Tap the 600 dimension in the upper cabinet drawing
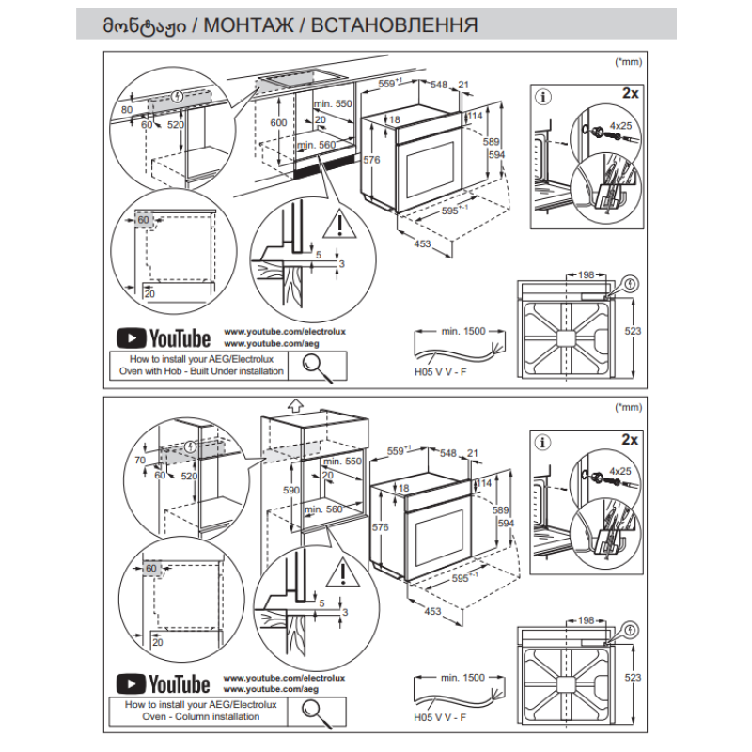pyautogui.click(x=278, y=123)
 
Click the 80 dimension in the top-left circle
pyautogui.click(x=128, y=110)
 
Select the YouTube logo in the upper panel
pyautogui.click(x=163, y=337)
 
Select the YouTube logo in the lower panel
pyautogui.click(x=163, y=682)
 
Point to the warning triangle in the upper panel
pyautogui.click(x=335, y=225)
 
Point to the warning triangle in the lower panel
pyautogui.click(x=336, y=570)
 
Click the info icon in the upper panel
pyautogui.click(x=542, y=96)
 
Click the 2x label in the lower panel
pyautogui.click(x=630, y=440)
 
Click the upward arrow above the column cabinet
pyautogui.click(x=293, y=406)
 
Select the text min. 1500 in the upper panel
pyautogui.click(x=462, y=331)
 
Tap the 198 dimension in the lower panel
pyautogui.click(x=587, y=620)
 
